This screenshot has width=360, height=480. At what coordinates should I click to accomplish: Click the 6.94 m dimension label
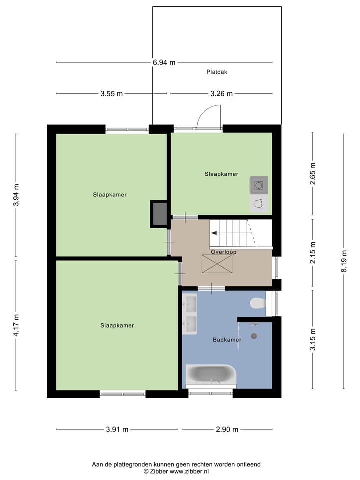pyautogui.click(x=164, y=62)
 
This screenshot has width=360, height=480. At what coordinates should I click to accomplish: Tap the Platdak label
pyautogui.click(x=217, y=72)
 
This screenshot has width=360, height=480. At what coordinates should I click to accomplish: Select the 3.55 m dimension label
pyautogui.click(x=111, y=93)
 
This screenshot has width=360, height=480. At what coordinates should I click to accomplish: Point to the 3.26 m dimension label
pyautogui.click(x=221, y=93)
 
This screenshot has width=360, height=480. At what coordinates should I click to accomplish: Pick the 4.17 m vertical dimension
pyautogui.click(x=16, y=324)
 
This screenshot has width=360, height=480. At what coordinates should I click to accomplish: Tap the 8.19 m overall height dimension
pyautogui.click(x=344, y=261)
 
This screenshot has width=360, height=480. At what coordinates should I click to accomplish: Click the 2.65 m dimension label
pyautogui.click(x=313, y=174)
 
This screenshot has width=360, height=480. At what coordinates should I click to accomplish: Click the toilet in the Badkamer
pyautogui.click(x=257, y=303)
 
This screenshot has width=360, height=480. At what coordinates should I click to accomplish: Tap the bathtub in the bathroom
pyautogui.click(x=210, y=374)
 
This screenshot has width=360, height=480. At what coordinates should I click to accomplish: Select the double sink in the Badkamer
pyautogui.click(x=190, y=314)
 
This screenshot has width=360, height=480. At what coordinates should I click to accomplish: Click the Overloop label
pyautogui.click(x=223, y=252)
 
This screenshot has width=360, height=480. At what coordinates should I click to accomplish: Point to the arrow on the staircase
pyautogui.click(x=214, y=233)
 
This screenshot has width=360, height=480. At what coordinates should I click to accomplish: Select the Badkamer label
pyautogui.click(x=227, y=340)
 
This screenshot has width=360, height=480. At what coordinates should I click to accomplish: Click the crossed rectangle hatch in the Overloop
pyautogui.click(x=217, y=264)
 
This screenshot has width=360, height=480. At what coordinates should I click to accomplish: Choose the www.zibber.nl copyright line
pyautogui.click(x=176, y=471)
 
